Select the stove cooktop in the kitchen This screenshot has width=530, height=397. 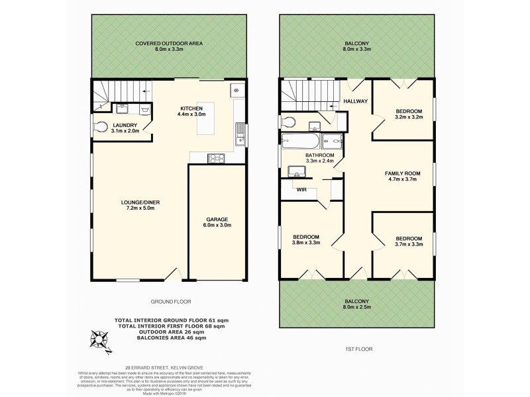(x=217, y=157)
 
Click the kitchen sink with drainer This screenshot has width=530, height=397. (x=240, y=134)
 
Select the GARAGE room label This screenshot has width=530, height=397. (x=217, y=218)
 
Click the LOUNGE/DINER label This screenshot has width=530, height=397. (x=140, y=202)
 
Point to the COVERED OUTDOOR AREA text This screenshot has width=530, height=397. (x=169, y=44)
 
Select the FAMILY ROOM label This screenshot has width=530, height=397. (x=403, y=173)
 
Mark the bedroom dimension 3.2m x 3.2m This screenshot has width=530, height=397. (x=409, y=117)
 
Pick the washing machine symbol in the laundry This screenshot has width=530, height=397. (x=145, y=110)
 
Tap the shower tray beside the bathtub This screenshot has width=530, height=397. (x=331, y=141)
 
